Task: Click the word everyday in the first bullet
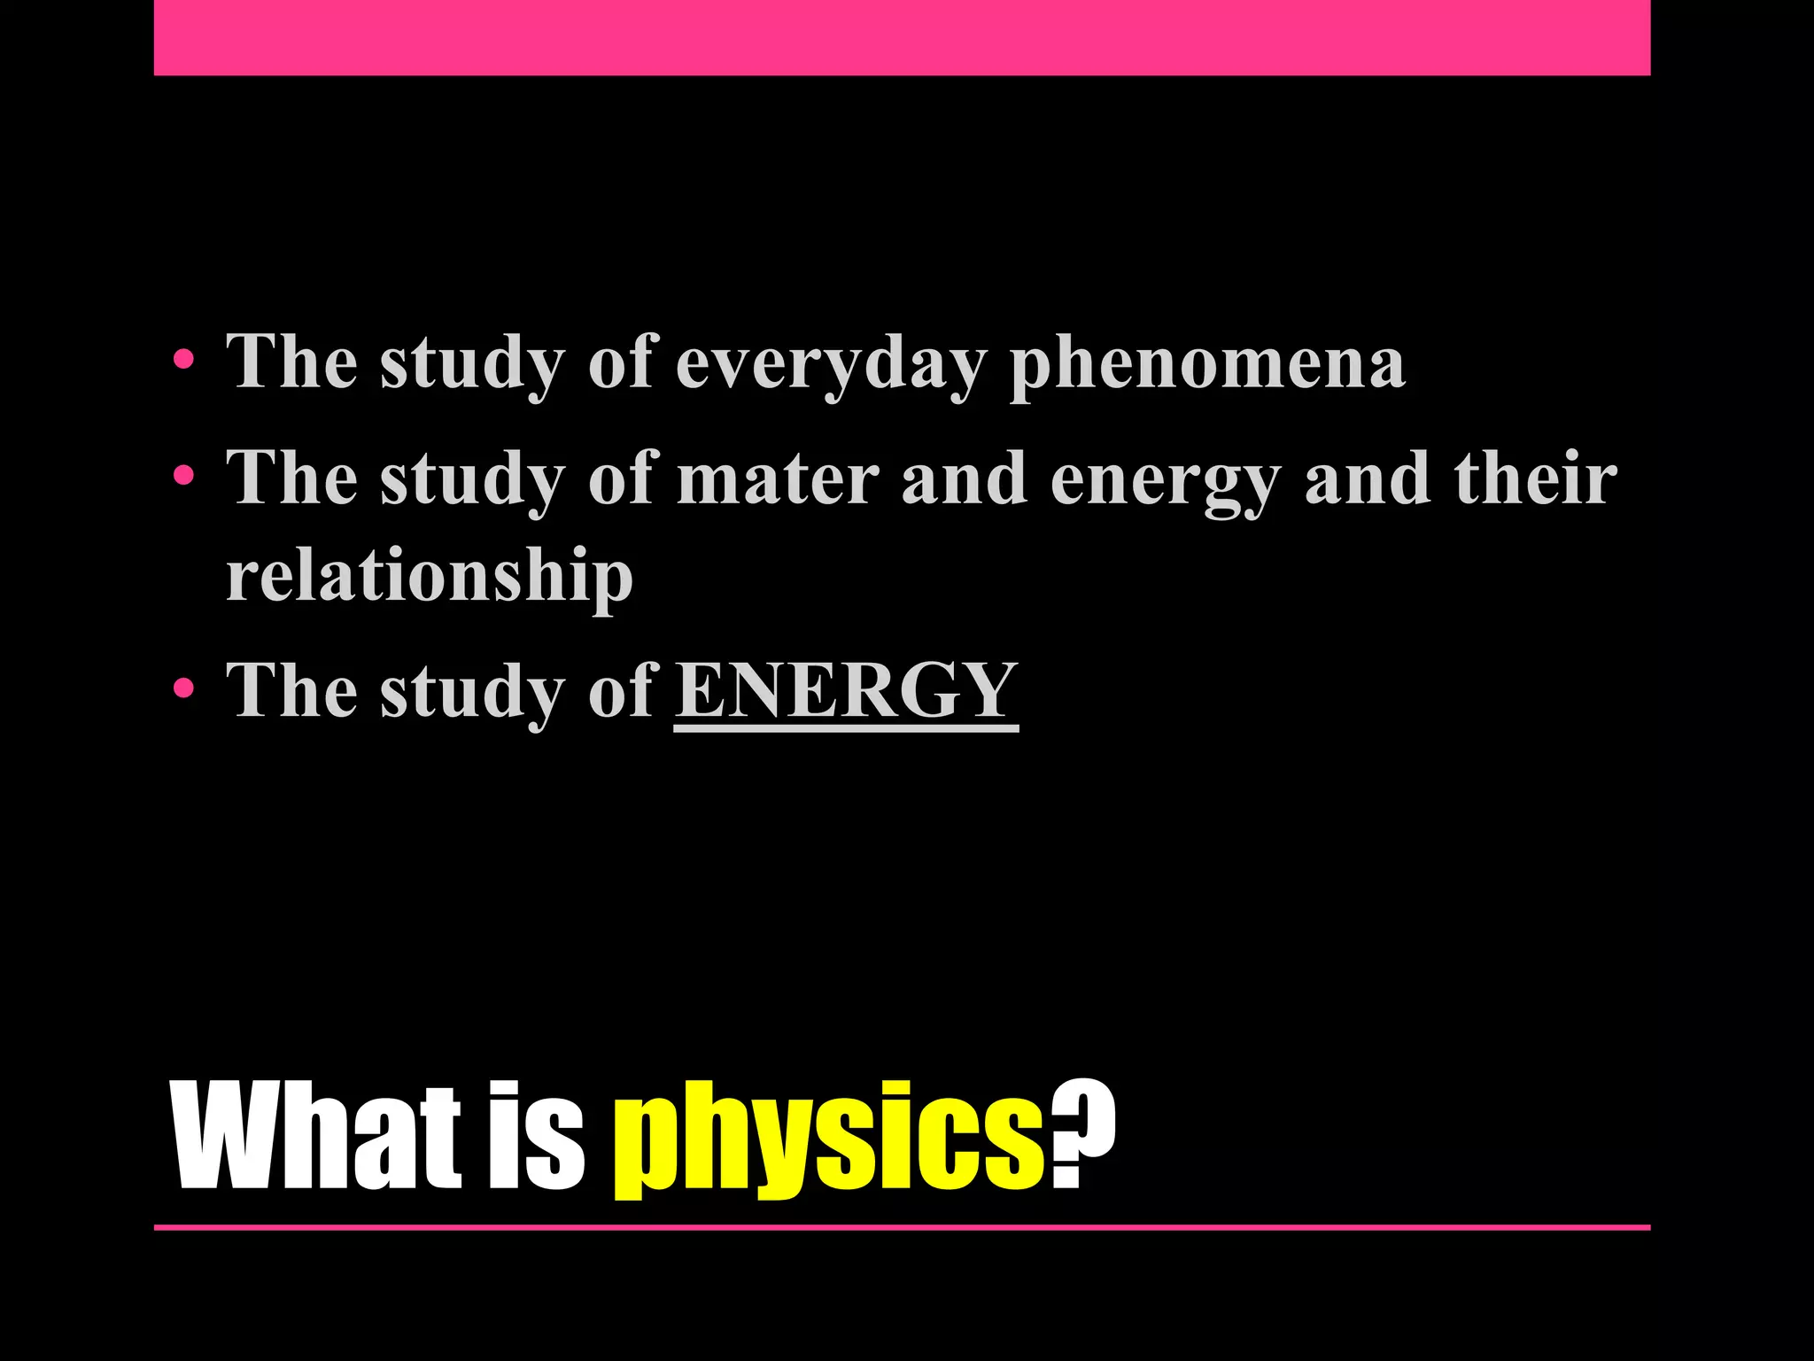[x=831, y=363]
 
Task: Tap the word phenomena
[x=1207, y=363]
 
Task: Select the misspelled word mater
[x=778, y=478]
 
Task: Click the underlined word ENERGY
[x=846, y=691]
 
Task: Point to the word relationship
[x=430, y=576]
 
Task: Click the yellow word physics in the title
[x=829, y=1139]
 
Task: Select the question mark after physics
[x=1082, y=1134]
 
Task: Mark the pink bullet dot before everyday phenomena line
[x=183, y=360]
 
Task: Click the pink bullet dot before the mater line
[x=183, y=476]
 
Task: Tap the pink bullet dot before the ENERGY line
[x=183, y=688]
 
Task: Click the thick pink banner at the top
[x=902, y=37]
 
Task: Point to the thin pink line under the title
[x=902, y=1227]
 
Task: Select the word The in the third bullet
[x=291, y=691]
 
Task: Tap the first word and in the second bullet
[x=965, y=478]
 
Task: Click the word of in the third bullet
[x=623, y=691]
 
